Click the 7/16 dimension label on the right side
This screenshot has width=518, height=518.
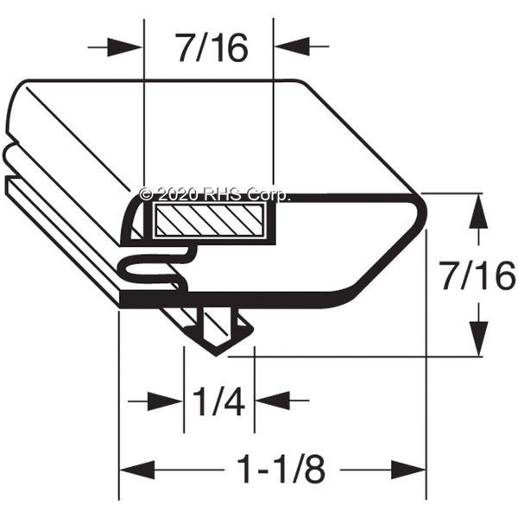[x=478, y=276]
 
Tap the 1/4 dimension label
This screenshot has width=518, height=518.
[x=218, y=401]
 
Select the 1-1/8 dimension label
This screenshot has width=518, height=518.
[x=281, y=469]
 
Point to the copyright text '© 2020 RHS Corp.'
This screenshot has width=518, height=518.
[x=215, y=194]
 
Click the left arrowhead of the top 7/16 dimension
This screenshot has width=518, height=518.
[x=125, y=47]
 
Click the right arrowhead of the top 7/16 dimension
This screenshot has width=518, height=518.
[x=292, y=47]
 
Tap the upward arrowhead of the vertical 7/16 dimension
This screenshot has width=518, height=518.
[x=478, y=211]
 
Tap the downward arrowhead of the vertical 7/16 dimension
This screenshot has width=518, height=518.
[x=478, y=338]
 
